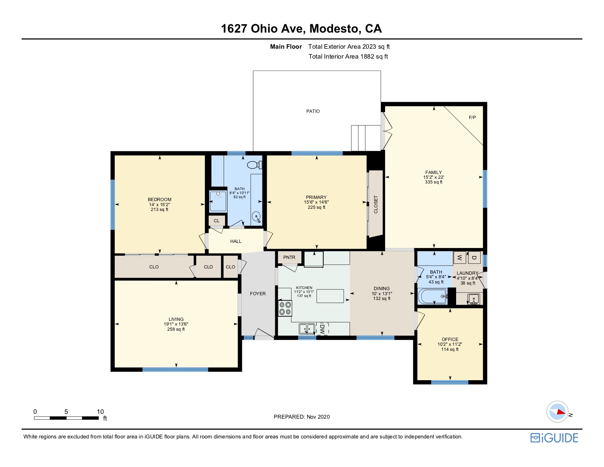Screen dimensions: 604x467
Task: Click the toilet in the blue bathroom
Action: click(x=254, y=165)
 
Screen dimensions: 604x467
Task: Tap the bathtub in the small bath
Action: click(x=432, y=296)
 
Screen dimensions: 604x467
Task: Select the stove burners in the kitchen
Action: click(x=285, y=308)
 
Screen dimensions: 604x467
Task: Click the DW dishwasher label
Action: click(x=322, y=329)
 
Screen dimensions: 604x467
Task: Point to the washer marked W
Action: click(x=460, y=257)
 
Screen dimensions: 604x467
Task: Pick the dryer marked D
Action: click(x=474, y=257)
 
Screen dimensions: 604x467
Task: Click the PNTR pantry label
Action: click(x=289, y=257)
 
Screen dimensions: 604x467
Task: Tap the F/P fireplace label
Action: click(x=472, y=117)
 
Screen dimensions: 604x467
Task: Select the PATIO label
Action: click(x=313, y=111)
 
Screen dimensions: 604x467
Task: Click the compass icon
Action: click(x=557, y=412)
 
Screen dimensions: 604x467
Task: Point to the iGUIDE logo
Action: click(x=554, y=438)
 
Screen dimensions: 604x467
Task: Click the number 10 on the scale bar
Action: click(x=100, y=412)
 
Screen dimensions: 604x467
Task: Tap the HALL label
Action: click(x=236, y=241)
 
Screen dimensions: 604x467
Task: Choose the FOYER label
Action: click(x=258, y=294)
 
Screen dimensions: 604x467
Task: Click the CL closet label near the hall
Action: click(x=217, y=221)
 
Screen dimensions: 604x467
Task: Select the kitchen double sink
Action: click(x=307, y=329)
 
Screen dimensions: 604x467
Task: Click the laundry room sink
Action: click(x=473, y=299)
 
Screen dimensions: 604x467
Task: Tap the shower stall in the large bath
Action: click(x=218, y=201)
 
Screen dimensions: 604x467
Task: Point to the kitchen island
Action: click(x=330, y=296)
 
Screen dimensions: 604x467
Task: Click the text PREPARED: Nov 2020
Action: click(x=302, y=417)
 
